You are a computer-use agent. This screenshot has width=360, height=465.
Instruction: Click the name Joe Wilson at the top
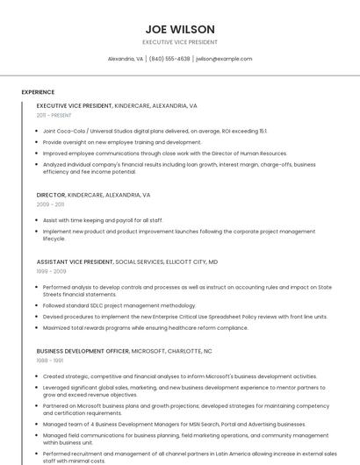[x=180, y=29]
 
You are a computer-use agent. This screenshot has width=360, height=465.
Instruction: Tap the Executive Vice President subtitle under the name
[x=180, y=42]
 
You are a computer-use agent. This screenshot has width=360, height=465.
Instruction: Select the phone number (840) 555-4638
[x=169, y=59]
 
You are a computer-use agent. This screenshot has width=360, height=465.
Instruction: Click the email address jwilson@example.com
[x=224, y=59]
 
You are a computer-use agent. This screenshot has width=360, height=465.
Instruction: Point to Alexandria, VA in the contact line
[x=126, y=59]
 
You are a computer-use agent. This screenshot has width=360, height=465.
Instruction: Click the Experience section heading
[x=38, y=91]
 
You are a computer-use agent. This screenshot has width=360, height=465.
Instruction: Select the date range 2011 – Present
[x=54, y=115]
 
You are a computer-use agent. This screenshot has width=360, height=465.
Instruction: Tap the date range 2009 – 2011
[x=50, y=204]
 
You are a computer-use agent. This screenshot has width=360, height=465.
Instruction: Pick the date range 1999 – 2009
[x=51, y=271]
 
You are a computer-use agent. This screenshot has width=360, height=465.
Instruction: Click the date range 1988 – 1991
[x=50, y=360]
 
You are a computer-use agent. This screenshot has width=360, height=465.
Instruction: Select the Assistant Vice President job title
[x=76, y=261]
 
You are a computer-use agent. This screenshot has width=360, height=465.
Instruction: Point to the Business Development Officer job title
[x=83, y=350]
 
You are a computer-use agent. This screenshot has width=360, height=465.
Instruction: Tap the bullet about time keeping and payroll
[x=103, y=220]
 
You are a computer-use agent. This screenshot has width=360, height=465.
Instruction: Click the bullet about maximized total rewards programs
[x=145, y=327]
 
